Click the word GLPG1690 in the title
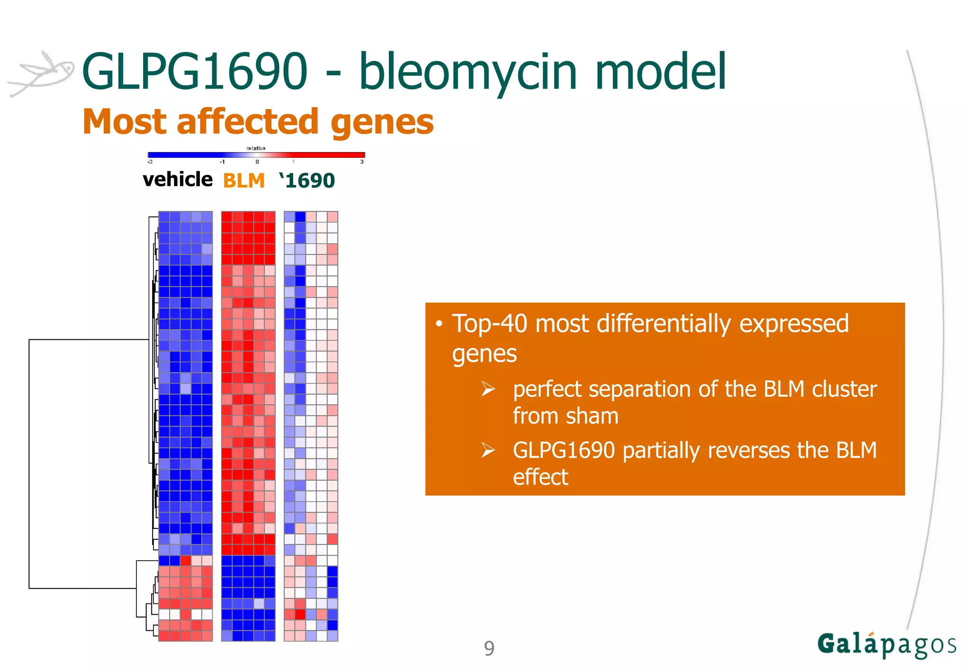pos(195,72)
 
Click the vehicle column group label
pos(177,180)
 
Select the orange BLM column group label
pos(243,181)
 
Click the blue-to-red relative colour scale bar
pos(256,155)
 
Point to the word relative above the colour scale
pos(256,148)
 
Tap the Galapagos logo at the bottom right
pos(886,645)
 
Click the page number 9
pos(489,648)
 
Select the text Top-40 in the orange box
pos(489,324)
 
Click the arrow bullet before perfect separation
pos(488,389)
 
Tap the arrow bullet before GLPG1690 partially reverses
pos(488,450)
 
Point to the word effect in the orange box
pos(540,477)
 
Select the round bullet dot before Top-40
pos(439,324)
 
